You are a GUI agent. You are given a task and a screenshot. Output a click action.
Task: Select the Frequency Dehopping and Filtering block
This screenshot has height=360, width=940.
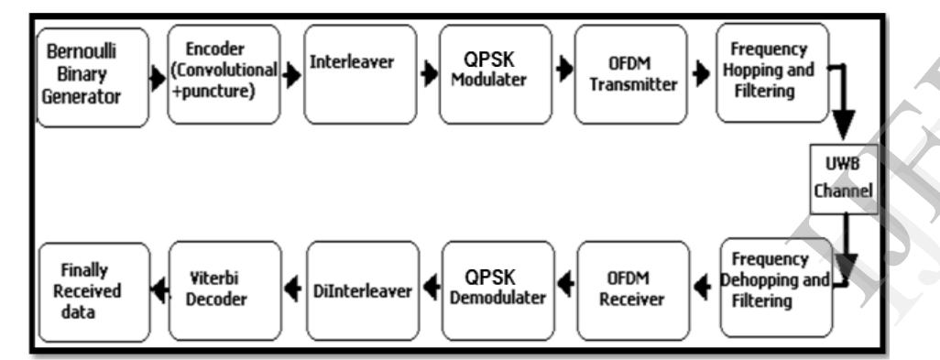775,288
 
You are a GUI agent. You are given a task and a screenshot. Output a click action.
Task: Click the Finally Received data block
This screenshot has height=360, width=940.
93,291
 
